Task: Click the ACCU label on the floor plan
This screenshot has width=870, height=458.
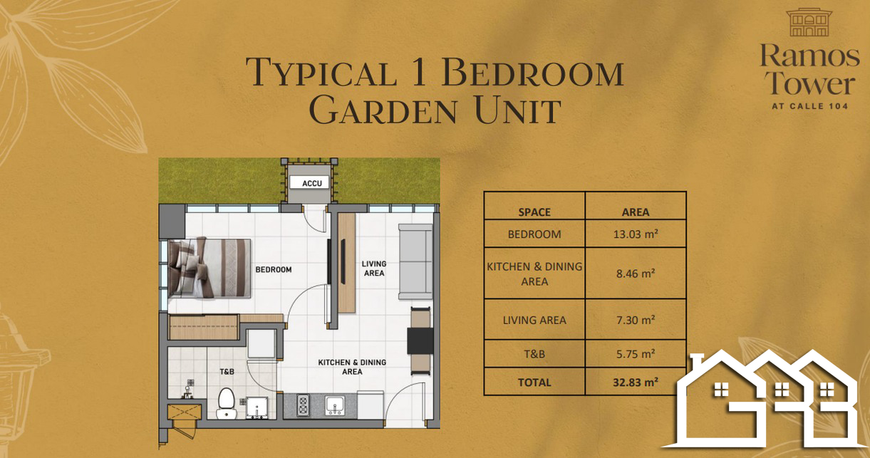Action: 312,183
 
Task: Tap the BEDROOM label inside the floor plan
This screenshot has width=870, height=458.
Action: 274,270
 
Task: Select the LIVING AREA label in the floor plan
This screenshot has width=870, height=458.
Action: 374,269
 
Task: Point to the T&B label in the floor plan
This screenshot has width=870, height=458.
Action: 227,372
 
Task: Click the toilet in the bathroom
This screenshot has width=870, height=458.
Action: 226,404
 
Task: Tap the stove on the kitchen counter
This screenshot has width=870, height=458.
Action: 303,405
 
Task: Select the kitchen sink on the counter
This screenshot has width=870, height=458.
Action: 335,405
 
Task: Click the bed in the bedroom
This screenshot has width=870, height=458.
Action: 209,269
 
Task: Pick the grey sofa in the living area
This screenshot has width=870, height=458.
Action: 415,261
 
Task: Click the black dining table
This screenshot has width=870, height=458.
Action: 420,340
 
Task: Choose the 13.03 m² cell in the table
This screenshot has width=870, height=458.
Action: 636,234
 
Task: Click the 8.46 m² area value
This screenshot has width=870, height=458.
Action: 636,274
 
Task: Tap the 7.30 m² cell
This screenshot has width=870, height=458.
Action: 636,321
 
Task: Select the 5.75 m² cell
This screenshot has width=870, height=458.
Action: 636,354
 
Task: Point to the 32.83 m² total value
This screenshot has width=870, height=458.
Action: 636,382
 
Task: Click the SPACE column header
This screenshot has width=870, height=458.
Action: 534,212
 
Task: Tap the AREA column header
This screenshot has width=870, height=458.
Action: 636,212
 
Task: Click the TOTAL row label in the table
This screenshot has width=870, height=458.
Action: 534,382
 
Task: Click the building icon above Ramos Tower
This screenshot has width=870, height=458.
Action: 809,23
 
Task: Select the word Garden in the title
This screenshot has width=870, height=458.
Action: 383,111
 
